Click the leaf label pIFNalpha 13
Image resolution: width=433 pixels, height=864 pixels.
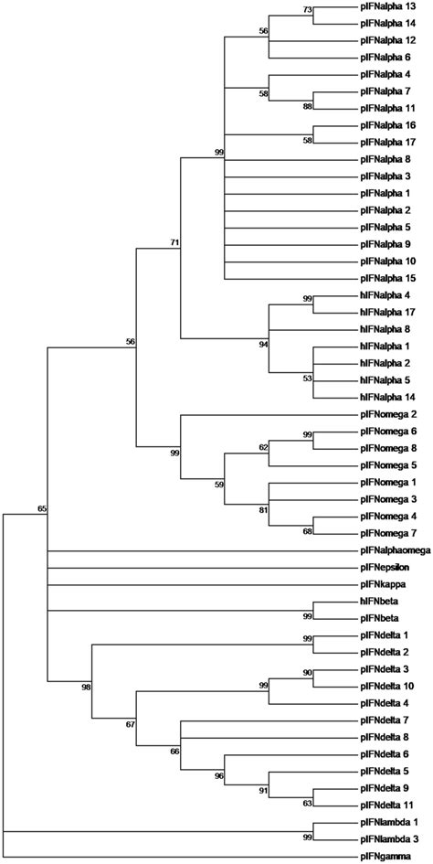(x=387, y=10)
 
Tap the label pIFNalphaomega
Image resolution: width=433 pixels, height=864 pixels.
(x=392, y=551)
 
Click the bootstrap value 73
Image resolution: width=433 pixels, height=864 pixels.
(x=307, y=10)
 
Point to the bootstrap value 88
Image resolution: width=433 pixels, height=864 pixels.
(x=307, y=107)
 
